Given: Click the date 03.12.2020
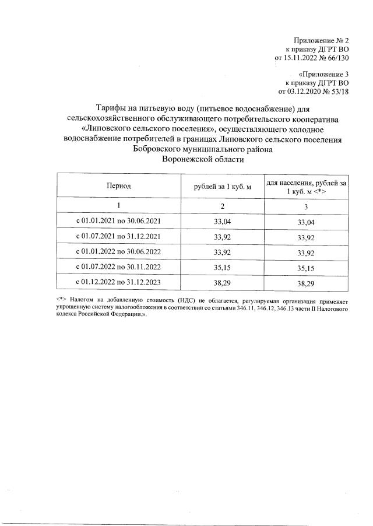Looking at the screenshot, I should (305, 92).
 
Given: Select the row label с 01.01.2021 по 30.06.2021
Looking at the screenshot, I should (118, 222).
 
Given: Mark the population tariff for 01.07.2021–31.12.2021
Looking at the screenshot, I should (306, 237).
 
